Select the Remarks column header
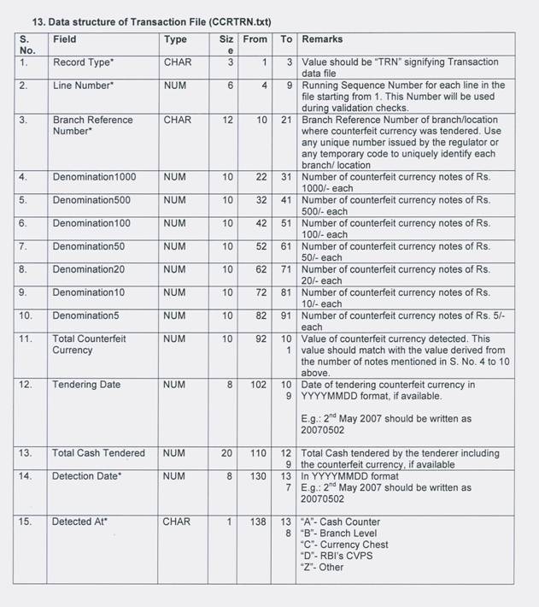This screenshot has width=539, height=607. pyautogui.click(x=322, y=39)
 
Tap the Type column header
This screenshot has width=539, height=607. pyautogui.click(x=175, y=39)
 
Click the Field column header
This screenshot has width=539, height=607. pyautogui.click(x=64, y=39)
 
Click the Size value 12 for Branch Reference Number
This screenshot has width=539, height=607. pyautogui.click(x=227, y=121)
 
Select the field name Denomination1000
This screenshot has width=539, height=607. pyautogui.click(x=94, y=178)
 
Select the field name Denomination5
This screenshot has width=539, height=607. pyautogui.click(x=85, y=316)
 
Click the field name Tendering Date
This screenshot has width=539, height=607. pyautogui.click(x=86, y=385)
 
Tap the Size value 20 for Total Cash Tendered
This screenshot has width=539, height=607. pyautogui.click(x=227, y=453)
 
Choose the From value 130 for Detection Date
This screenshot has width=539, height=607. pyautogui.click(x=258, y=476)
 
